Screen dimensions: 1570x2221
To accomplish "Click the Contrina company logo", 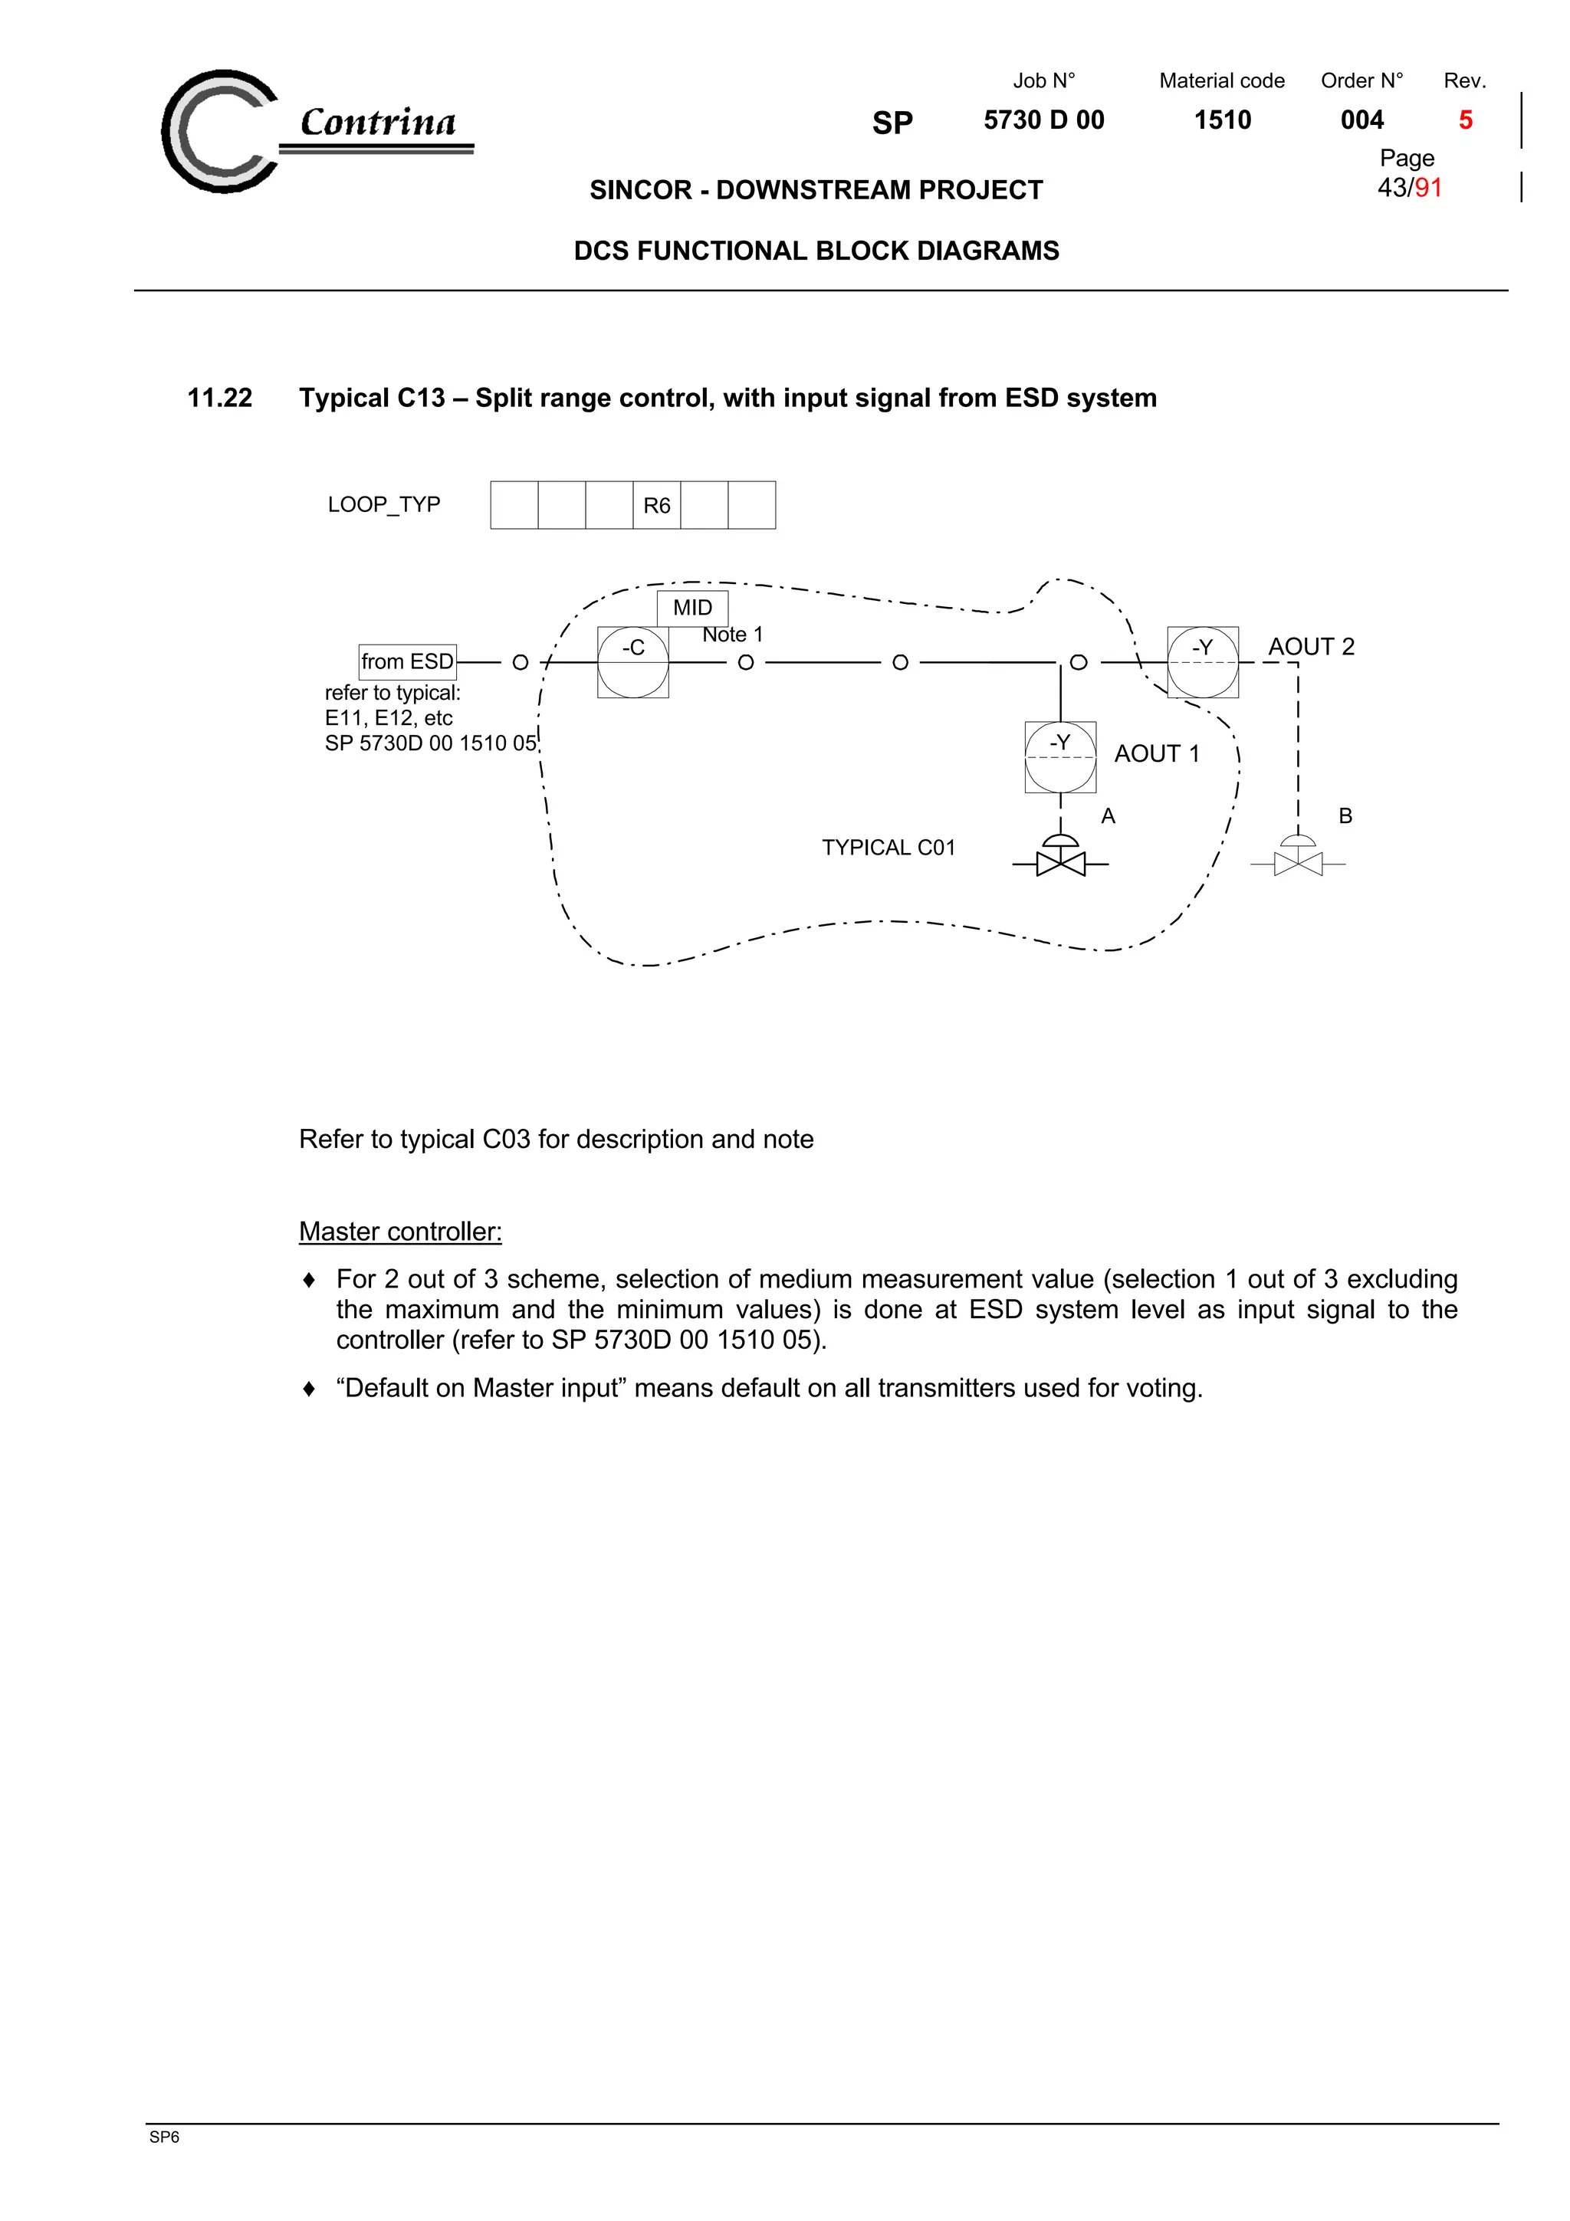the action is pyautogui.click(x=310, y=130).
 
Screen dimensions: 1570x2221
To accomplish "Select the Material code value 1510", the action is pyautogui.click(x=1222, y=120).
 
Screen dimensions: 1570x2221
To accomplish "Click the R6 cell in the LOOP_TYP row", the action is pyautogui.click(x=656, y=505).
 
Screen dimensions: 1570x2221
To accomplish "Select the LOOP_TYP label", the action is pyautogui.click(x=383, y=504).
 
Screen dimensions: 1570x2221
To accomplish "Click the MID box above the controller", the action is pyautogui.click(x=691, y=608).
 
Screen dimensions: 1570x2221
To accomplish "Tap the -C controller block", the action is pyautogui.click(x=632, y=661).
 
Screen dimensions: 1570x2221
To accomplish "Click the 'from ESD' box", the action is pyautogui.click(x=407, y=661).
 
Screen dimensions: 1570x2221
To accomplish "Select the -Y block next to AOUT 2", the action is pyautogui.click(x=1202, y=661).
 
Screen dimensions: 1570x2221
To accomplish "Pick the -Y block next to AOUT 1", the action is pyautogui.click(x=1060, y=756).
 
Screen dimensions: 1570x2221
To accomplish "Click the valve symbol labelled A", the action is pyautogui.click(x=1060, y=856).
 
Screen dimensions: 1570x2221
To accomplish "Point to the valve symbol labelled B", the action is pyautogui.click(x=1297, y=857).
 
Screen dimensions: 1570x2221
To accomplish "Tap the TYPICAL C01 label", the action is pyautogui.click(x=888, y=848).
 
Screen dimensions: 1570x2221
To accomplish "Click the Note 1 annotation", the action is pyautogui.click(x=732, y=635).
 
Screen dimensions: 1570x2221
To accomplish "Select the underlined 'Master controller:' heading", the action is pyautogui.click(x=399, y=1232).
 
